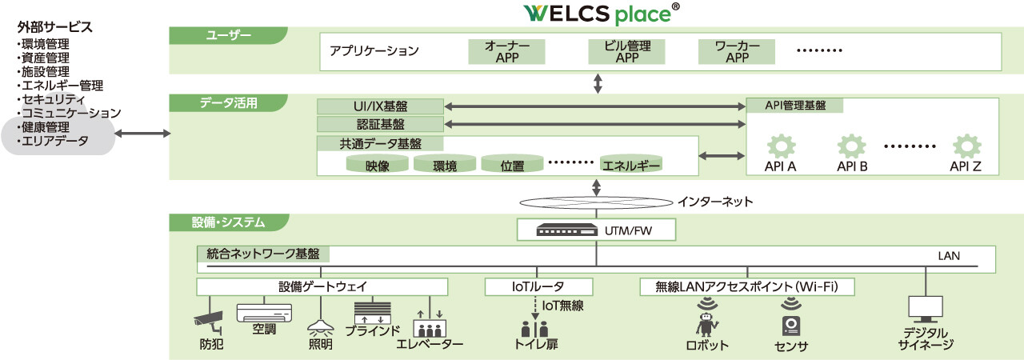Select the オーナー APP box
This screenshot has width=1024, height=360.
pyautogui.click(x=506, y=51)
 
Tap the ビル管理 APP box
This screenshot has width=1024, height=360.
pyautogui.click(x=626, y=51)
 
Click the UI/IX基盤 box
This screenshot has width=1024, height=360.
pyautogui.click(x=380, y=106)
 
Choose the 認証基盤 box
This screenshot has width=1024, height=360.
pyautogui.click(x=380, y=124)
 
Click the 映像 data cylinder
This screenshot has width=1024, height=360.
pyautogui.click(x=377, y=165)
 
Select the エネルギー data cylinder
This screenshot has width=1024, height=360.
pyautogui.click(x=632, y=164)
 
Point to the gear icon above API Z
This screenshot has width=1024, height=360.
pyautogui.click(x=966, y=146)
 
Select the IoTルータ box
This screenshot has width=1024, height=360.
pyautogui.click(x=538, y=286)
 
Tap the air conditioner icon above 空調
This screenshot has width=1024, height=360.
pyautogui.click(x=264, y=311)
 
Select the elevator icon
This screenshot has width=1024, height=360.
pyautogui.click(x=429, y=326)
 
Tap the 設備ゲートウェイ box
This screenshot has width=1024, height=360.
pyautogui.click(x=322, y=286)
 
